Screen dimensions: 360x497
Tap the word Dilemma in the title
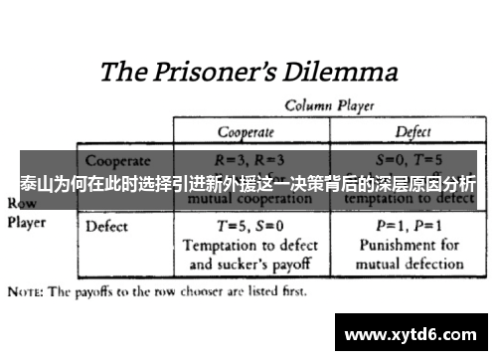click(x=338, y=73)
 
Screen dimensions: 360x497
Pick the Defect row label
click(x=107, y=226)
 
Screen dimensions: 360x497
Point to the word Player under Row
click(x=27, y=222)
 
